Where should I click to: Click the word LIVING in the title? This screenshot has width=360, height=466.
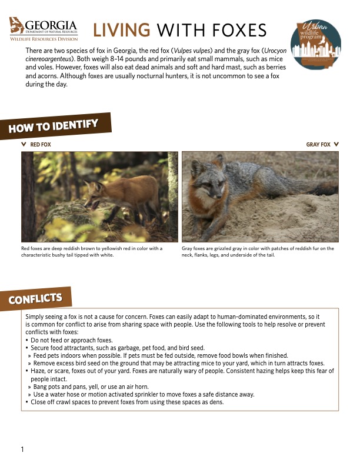click(x=122, y=30)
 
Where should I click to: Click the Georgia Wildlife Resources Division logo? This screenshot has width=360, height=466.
click(x=44, y=29)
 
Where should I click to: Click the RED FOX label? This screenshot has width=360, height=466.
click(x=41, y=144)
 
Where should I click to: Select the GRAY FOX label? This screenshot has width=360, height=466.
click(x=318, y=144)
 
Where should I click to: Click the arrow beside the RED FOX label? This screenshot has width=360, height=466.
click(x=24, y=144)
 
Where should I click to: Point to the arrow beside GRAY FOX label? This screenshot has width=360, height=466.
click(x=336, y=144)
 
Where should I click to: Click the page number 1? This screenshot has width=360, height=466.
click(x=22, y=450)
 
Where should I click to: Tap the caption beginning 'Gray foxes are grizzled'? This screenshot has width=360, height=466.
click(x=258, y=251)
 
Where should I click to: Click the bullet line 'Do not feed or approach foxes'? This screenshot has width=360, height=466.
click(x=72, y=341)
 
